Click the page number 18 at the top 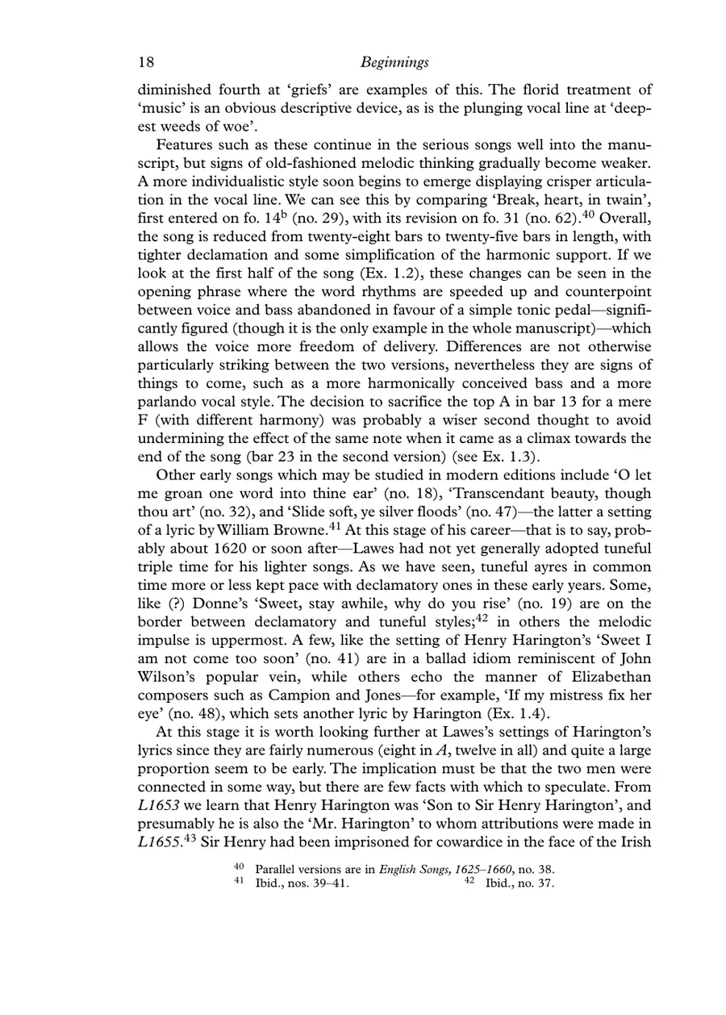click(x=146, y=62)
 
